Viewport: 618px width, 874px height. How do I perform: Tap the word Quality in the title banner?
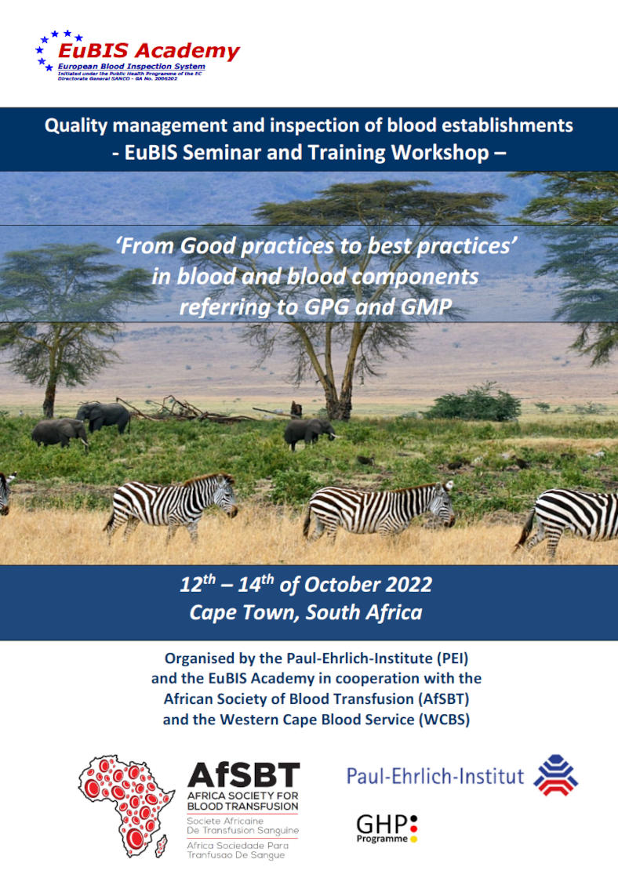pos(76,126)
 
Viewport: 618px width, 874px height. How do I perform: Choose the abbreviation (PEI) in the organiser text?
pos(453,658)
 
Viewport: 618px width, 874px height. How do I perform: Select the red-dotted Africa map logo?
pos(125,806)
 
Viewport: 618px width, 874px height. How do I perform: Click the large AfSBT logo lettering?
pos(244,775)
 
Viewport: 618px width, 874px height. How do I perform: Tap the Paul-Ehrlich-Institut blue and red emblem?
pos(555,775)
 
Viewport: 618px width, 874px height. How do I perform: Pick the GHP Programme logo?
pos(387,829)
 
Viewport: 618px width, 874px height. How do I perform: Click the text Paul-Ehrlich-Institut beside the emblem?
pos(435,776)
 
